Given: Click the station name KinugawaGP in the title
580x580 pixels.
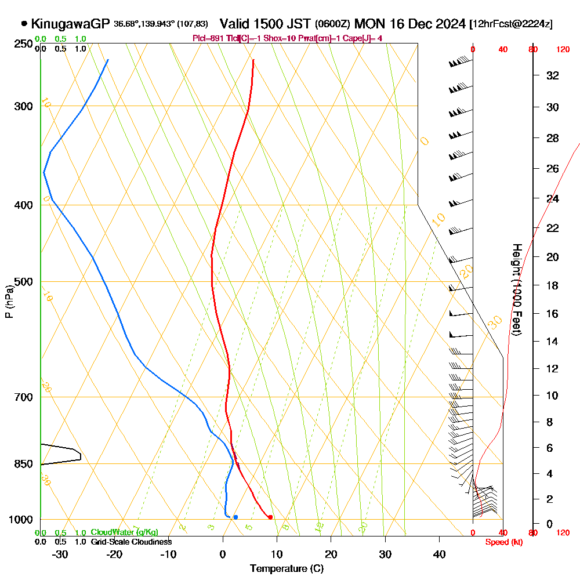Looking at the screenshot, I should pyautogui.click(x=70, y=24).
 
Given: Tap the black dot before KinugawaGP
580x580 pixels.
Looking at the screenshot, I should pyautogui.click(x=24, y=24).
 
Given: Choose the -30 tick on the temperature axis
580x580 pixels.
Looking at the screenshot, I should pyautogui.click(x=60, y=554).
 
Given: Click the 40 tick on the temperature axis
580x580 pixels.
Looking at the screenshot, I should pyautogui.click(x=439, y=554).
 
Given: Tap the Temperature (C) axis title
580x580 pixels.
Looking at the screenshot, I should pyautogui.click(x=287, y=568).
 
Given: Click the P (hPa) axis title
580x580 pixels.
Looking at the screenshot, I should pyautogui.click(x=9, y=300).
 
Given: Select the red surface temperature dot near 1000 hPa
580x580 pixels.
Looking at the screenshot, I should pyautogui.click(x=270, y=517).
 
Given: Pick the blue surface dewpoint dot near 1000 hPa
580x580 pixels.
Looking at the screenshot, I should pyautogui.click(x=235, y=517).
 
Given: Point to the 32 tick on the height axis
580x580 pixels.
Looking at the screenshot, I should pyautogui.click(x=553, y=75).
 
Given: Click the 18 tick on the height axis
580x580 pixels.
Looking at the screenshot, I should pyautogui.click(x=553, y=285).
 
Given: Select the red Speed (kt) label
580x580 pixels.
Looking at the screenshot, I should pyautogui.click(x=502, y=542).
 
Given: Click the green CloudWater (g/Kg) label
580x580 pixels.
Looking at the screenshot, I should pyautogui.click(x=124, y=532).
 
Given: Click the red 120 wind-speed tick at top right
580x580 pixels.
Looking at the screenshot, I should pyautogui.click(x=562, y=50).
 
